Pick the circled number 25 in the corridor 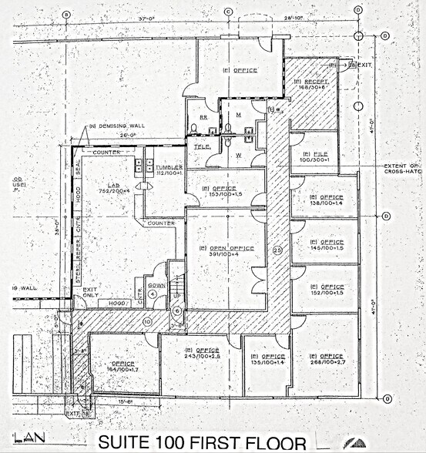coord(277,249)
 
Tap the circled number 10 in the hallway coord(146,320)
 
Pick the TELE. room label coord(202,146)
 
